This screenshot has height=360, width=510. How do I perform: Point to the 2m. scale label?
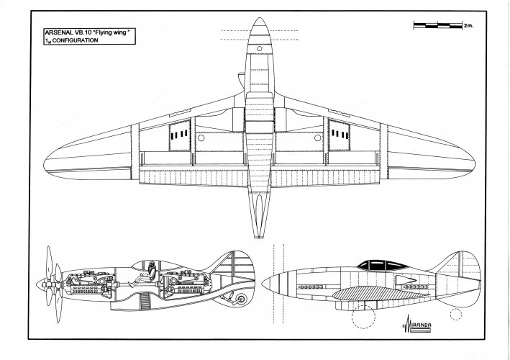point(468,25)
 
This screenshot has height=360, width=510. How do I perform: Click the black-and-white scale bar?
point(438,25)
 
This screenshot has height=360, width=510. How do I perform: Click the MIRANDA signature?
point(417,324)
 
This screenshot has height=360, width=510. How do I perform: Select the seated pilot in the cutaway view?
point(145,275)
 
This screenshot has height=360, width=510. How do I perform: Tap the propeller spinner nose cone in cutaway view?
point(41,284)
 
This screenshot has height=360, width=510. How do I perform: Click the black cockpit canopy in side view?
point(383,265)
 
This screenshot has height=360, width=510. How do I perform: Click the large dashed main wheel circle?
point(363,316)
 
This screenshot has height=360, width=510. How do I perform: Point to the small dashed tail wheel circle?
point(455,315)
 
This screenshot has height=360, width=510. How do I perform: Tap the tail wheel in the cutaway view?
point(242,299)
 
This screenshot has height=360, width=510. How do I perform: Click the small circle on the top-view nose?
point(259,49)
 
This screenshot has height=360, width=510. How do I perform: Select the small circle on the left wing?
point(201,138)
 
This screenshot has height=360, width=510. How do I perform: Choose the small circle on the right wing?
point(317,138)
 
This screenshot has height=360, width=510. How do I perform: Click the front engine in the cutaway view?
point(89,282)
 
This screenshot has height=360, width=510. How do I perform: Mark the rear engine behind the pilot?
point(184,282)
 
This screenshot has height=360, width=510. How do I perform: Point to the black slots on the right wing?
point(340,134)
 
